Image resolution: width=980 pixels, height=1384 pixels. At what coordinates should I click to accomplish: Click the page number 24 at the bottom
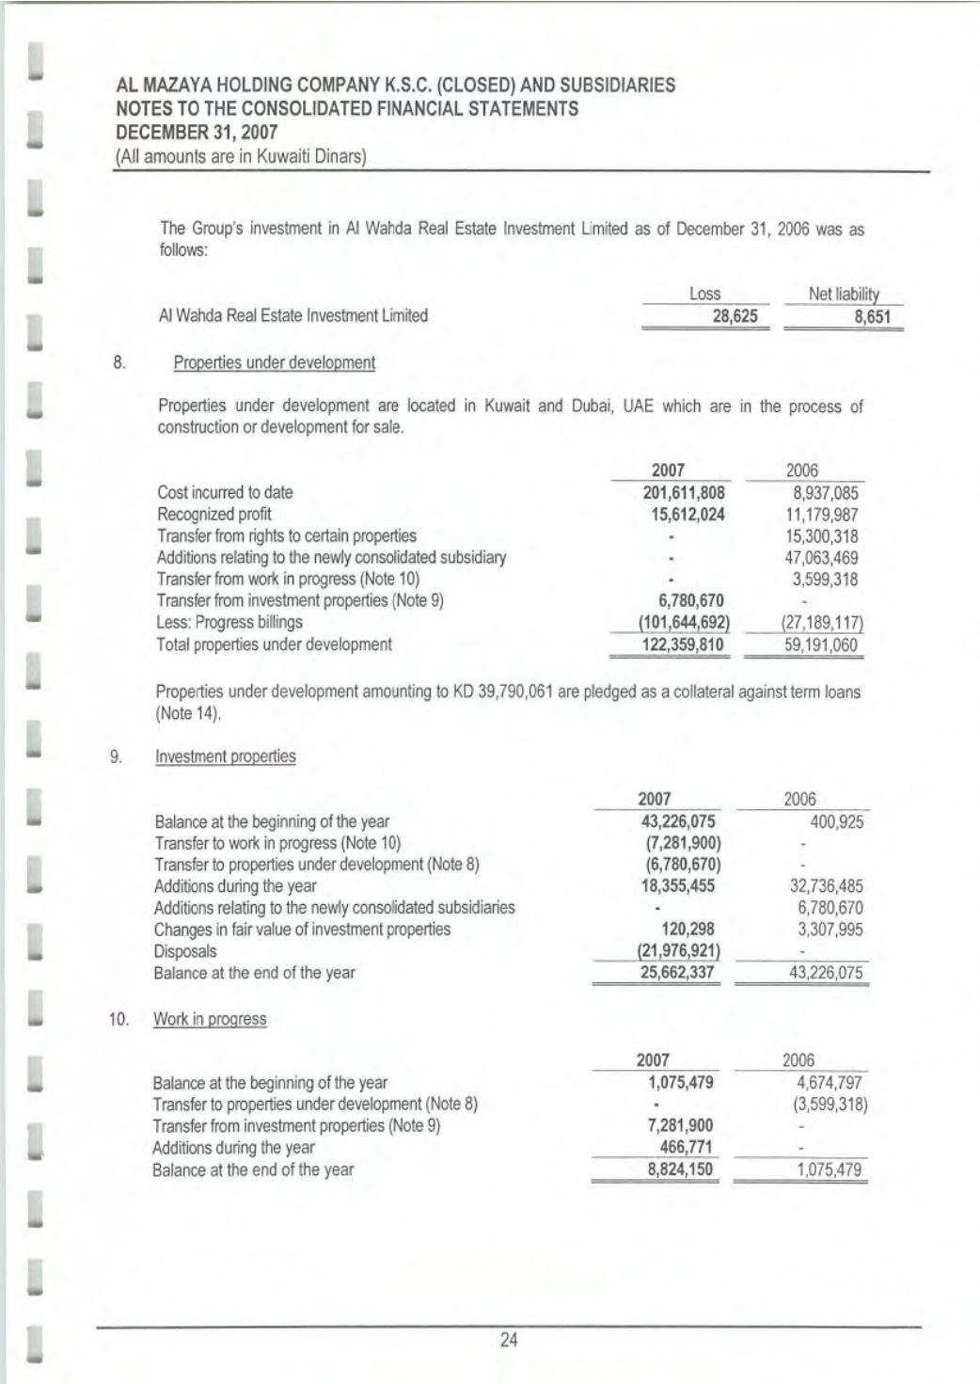509,1340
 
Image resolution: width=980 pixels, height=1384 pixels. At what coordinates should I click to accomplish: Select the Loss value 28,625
735,316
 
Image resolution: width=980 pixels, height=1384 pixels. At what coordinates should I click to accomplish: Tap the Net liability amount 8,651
872,316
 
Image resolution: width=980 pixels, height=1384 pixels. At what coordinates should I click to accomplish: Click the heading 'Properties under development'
274,362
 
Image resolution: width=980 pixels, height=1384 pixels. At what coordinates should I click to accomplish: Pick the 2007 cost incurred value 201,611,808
683,492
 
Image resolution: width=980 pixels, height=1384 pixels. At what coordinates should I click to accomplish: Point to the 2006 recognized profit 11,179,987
821,515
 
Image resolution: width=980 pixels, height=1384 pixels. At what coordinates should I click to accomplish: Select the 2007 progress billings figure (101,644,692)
684,622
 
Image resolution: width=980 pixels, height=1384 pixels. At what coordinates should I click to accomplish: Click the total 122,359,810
683,644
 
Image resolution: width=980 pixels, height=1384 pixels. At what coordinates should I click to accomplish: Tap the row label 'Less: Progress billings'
229,622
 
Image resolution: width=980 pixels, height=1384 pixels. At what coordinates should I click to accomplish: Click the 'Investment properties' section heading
225,756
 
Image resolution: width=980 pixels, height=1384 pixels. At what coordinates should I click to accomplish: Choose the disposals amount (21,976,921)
679,951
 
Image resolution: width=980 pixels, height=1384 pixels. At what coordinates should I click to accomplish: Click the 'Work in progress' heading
210,1019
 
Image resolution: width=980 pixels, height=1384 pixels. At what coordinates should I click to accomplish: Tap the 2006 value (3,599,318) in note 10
830,1105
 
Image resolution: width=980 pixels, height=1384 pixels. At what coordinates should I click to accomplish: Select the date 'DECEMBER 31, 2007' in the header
197,132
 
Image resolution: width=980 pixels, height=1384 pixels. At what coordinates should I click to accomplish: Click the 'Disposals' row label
185,951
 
